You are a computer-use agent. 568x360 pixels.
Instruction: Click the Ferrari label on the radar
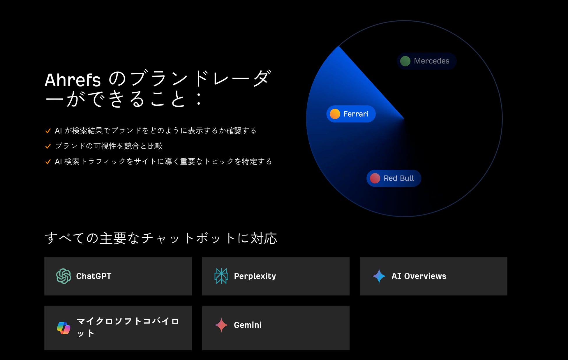[351, 114]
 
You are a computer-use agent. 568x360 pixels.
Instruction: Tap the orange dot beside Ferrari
[335, 114]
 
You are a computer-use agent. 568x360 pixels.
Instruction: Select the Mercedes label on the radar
[426, 61]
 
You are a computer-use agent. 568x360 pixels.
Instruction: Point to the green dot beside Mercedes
[405, 61]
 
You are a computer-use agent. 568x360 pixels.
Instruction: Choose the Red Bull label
[394, 178]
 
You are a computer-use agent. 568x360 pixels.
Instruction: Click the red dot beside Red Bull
[375, 178]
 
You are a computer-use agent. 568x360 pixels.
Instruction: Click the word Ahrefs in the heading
[73, 80]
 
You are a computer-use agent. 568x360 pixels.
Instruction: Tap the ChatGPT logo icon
[63, 276]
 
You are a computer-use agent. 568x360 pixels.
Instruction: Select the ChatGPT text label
[94, 276]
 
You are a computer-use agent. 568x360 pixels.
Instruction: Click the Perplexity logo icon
[221, 276]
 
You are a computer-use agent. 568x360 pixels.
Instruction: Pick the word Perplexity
[255, 276]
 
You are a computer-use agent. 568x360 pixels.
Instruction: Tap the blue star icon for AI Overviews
[379, 276]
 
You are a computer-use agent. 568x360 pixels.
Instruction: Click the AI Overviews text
[419, 276]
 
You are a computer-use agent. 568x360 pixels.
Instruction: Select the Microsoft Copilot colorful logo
[63, 328]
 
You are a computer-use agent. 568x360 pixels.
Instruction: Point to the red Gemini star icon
[221, 325]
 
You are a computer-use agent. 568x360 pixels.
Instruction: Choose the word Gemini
[248, 325]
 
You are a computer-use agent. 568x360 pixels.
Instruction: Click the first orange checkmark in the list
[48, 131]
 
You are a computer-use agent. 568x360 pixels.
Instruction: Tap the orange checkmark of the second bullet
[48, 146]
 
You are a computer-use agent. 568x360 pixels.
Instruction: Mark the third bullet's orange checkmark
[48, 161]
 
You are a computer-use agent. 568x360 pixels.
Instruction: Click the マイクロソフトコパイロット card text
[128, 327]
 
